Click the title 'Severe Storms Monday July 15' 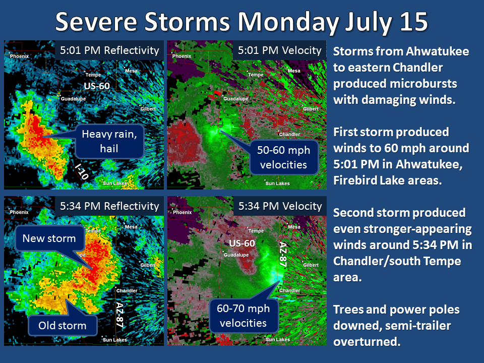[x=241, y=22]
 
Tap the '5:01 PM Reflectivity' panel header [x=109, y=50]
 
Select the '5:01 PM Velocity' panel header [x=280, y=50]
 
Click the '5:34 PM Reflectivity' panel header [x=109, y=206]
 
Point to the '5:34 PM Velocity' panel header [x=280, y=206]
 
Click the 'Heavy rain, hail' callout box [x=109, y=141]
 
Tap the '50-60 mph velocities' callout [x=283, y=157]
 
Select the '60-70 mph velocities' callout [x=243, y=316]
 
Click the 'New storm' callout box [x=49, y=238]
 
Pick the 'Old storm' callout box [x=63, y=325]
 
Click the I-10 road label [x=82, y=171]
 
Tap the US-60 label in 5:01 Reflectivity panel [x=97, y=86]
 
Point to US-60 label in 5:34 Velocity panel [x=242, y=243]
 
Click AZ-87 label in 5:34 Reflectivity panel [x=120, y=315]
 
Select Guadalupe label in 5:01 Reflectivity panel [x=74, y=99]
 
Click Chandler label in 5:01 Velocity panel [x=289, y=134]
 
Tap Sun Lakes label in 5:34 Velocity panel [x=277, y=339]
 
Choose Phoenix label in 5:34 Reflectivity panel [x=19, y=212]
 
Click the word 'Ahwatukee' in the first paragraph [x=438, y=51]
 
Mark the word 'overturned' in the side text [x=367, y=342]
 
